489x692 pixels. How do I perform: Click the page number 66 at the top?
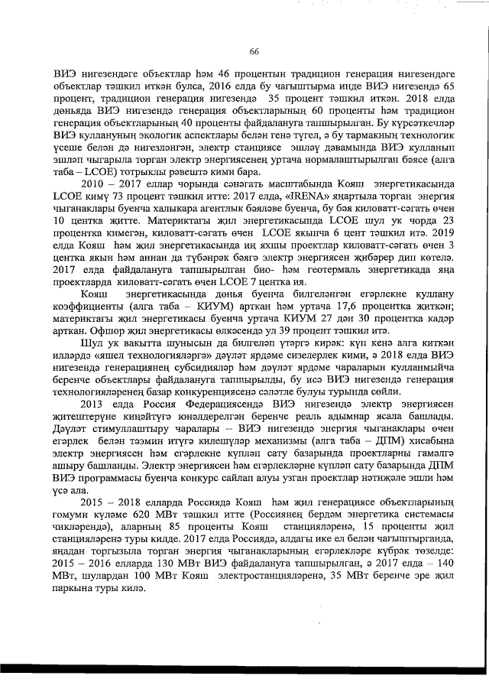point(254,50)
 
